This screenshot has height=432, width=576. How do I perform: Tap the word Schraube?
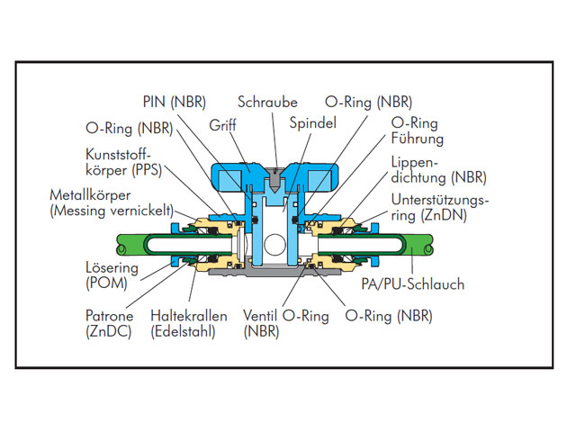[267, 102]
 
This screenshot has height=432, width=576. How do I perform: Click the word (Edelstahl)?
[186, 331]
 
